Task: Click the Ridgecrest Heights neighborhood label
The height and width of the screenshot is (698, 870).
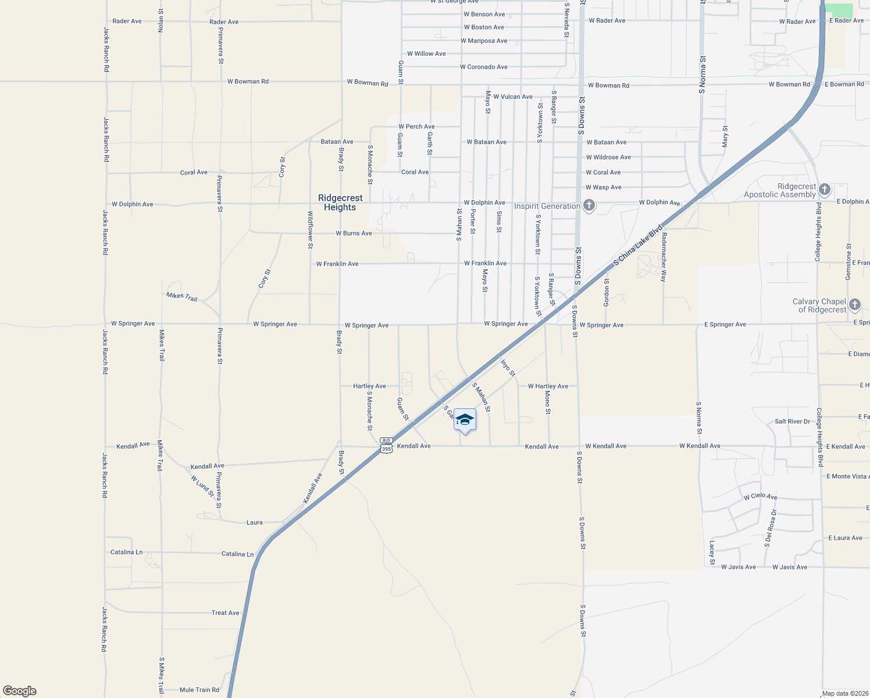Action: tap(340, 202)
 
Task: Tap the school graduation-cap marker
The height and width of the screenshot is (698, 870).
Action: tap(465, 420)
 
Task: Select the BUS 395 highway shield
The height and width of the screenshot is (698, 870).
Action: tap(387, 445)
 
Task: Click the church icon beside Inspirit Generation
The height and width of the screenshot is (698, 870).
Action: tap(589, 205)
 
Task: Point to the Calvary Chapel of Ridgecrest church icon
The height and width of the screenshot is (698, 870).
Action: tap(854, 304)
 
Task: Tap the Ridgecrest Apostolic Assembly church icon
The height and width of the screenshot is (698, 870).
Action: tap(824, 189)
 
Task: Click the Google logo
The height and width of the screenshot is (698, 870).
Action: tap(20, 690)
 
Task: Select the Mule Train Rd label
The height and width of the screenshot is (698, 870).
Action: tap(199, 690)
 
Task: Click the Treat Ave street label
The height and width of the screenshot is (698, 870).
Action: tap(225, 612)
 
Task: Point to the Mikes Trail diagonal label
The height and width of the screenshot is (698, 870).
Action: tap(182, 297)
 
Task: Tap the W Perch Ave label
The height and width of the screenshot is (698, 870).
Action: tap(416, 126)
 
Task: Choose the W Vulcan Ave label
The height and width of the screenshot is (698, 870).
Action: tap(512, 97)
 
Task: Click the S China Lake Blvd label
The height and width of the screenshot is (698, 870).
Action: tap(638, 245)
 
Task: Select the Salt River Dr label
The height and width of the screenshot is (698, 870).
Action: tap(792, 421)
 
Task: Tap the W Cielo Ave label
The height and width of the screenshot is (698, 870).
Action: tap(760, 497)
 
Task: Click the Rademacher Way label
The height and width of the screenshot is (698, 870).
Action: tap(663, 260)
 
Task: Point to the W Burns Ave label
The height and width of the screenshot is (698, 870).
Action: tap(354, 233)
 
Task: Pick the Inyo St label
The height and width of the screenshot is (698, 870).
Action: tap(507, 368)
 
